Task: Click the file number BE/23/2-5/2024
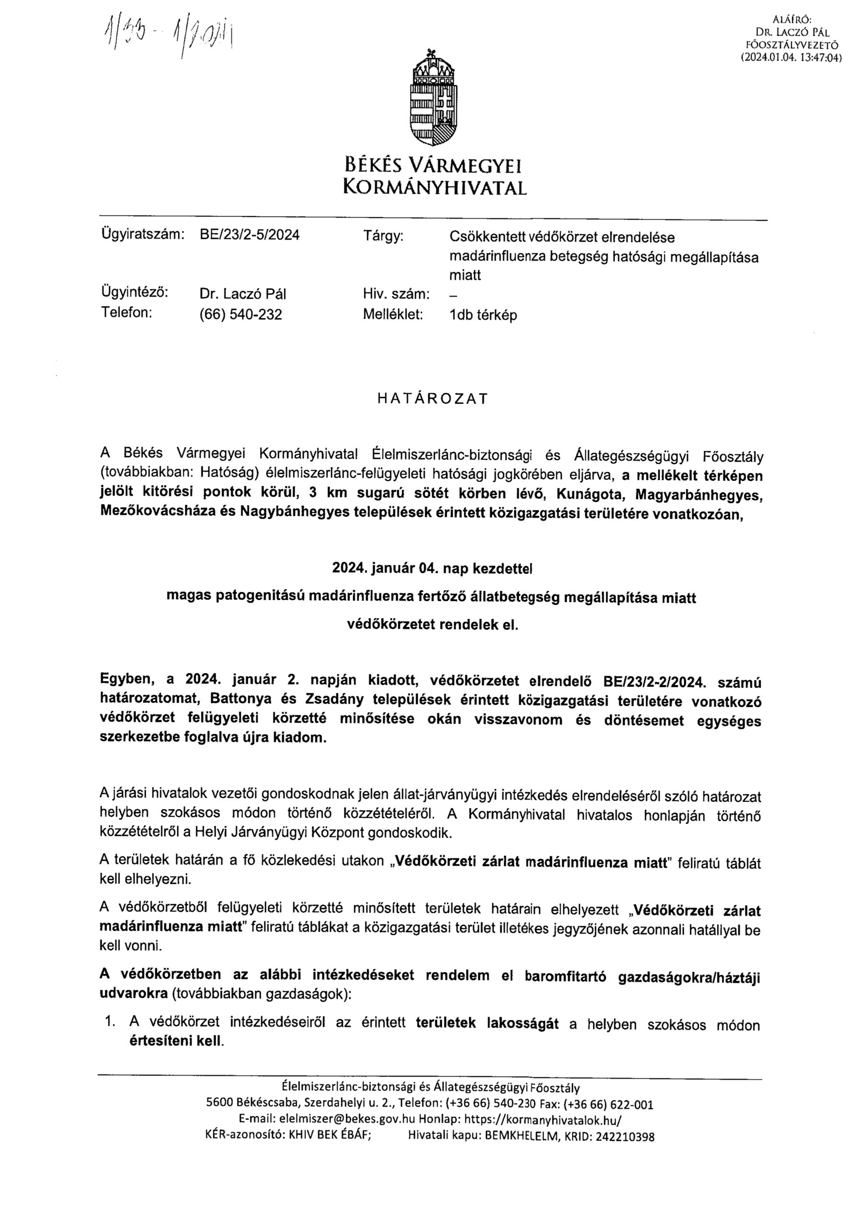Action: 249,235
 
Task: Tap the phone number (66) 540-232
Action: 240,315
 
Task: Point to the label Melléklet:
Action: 393,314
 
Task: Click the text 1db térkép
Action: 483,315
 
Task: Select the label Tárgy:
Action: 383,236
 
